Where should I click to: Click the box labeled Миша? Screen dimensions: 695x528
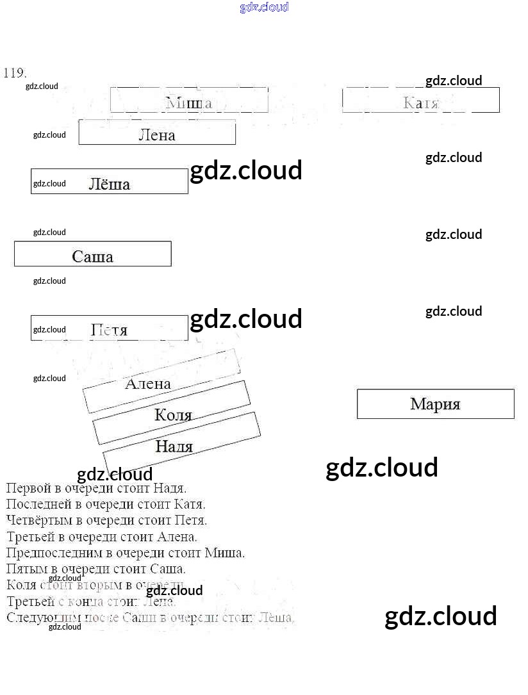click(x=189, y=101)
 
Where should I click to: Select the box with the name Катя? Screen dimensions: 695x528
click(x=421, y=101)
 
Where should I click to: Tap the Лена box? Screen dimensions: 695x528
click(x=157, y=133)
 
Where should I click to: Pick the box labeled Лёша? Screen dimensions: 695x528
click(x=110, y=183)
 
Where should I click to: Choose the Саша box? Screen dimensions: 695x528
click(x=93, y=255)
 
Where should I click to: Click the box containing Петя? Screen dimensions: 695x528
click(x=110, y=329)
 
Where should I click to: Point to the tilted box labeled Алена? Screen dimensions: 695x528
click(x=149, y=384)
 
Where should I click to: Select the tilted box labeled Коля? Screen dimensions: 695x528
click(x=173, y=414)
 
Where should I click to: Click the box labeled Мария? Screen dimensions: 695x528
click(x=436, y=404)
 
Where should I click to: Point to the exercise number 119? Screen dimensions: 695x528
click(x=15, y=72)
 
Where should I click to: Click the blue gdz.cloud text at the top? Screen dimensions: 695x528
click(x=264, y=7)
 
